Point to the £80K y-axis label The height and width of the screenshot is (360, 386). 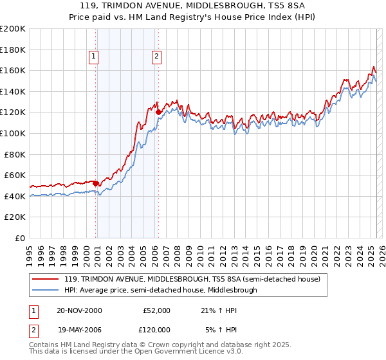[15, 154]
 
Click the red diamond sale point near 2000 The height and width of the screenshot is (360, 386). [96, 183]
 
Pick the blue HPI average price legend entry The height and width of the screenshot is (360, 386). [160, 290]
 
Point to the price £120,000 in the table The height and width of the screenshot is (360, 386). [156, 329]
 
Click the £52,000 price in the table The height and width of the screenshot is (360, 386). [156, 310]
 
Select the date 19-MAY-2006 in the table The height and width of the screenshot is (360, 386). [79, 329]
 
